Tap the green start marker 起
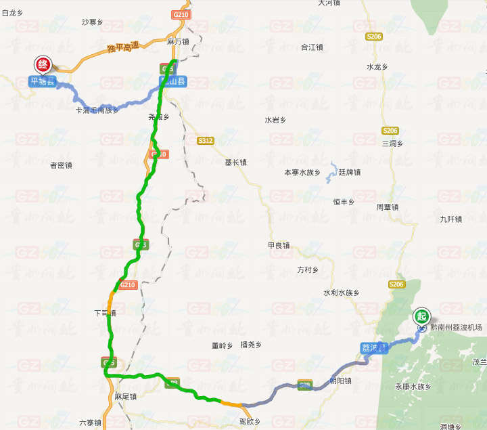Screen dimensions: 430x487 [x=422, y=316]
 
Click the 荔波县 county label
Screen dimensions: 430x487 [x=373, y=347]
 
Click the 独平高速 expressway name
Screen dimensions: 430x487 [x=122, y=47]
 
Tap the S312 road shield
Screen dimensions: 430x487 [x=206, y=141]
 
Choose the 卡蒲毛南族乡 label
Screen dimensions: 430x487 [x=97, y=110]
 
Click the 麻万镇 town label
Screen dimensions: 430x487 [x=177, y=41]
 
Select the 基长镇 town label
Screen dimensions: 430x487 [x=235, y=163]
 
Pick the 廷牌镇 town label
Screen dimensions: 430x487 [x=350, y=172]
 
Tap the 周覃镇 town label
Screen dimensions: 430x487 [x=388, y=207]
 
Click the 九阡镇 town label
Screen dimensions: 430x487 [x=450, y=219]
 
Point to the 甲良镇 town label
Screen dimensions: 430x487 [x=279, y=245]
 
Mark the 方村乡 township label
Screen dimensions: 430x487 [x=308, y=270]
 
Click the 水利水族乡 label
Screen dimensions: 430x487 [x=341, y=293]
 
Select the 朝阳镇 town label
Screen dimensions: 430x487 [x=340, y=381]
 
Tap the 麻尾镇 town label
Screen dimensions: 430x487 [x=126, y=396]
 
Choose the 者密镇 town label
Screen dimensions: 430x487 [x=61, y=165]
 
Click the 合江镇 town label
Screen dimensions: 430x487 [x=312, y=47]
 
